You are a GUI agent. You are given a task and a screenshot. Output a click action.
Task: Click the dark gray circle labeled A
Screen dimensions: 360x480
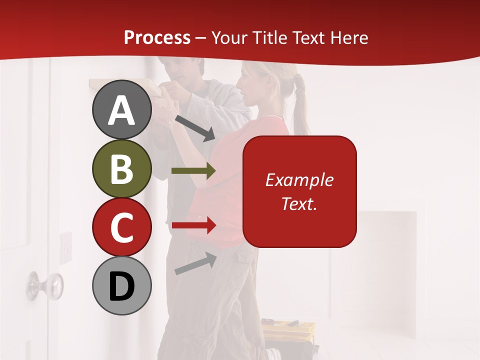121,110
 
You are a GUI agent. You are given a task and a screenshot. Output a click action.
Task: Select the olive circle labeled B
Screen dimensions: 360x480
121,168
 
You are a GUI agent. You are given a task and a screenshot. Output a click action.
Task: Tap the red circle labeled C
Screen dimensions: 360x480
121,227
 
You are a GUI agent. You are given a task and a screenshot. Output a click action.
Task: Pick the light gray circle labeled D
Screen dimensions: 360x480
121,285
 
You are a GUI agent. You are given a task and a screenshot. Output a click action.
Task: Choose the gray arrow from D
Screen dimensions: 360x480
195,263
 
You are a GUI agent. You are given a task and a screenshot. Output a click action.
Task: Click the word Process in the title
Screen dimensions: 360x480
157,37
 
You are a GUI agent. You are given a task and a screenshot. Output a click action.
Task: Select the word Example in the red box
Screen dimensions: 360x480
299,180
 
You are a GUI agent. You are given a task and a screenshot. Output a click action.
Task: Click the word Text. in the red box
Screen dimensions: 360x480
299,203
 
